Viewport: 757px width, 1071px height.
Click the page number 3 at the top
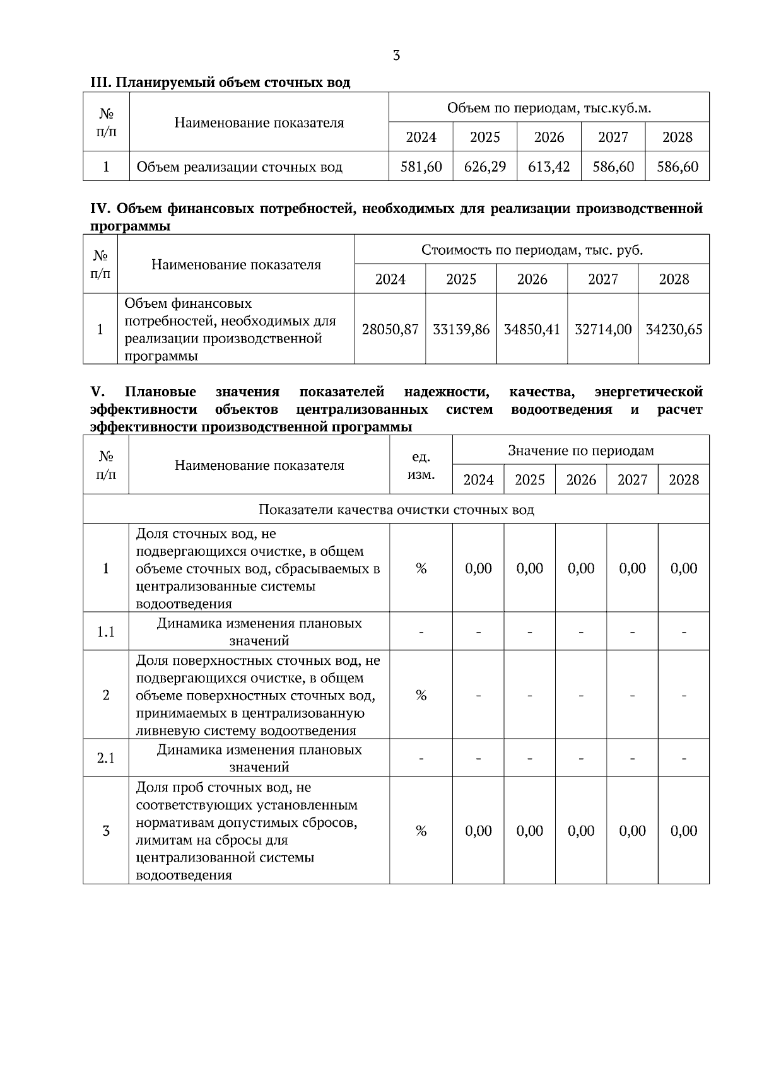point(396,56)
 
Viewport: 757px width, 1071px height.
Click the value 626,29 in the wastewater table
point(484,167)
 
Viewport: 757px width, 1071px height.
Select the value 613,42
point(549,167)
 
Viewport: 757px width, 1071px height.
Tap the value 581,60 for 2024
point(421,167)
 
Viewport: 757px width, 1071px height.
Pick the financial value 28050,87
point(390,329)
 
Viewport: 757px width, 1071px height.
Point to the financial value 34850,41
point(532,329)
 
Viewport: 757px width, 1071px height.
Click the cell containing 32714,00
point(603,329)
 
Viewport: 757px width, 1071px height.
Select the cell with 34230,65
point(674,329)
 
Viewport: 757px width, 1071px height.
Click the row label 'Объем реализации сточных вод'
point(239,167)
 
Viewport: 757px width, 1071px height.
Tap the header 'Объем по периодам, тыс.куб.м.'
point(549,108)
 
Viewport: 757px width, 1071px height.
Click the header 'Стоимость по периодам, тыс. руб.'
point(532,250)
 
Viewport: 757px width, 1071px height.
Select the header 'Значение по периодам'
point(581,450)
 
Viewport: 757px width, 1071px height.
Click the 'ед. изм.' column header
point(421,465)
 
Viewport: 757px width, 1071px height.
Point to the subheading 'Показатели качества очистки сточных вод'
point(396,510)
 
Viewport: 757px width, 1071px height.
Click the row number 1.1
point(106,631)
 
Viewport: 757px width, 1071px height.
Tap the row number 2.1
point(106,758)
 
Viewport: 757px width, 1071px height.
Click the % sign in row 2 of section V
point(421,695)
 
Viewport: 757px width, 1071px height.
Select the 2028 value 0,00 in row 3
point(684,831)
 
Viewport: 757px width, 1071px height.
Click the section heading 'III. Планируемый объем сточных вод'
point(220,83)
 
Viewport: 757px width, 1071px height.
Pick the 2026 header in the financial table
point(532,279)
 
